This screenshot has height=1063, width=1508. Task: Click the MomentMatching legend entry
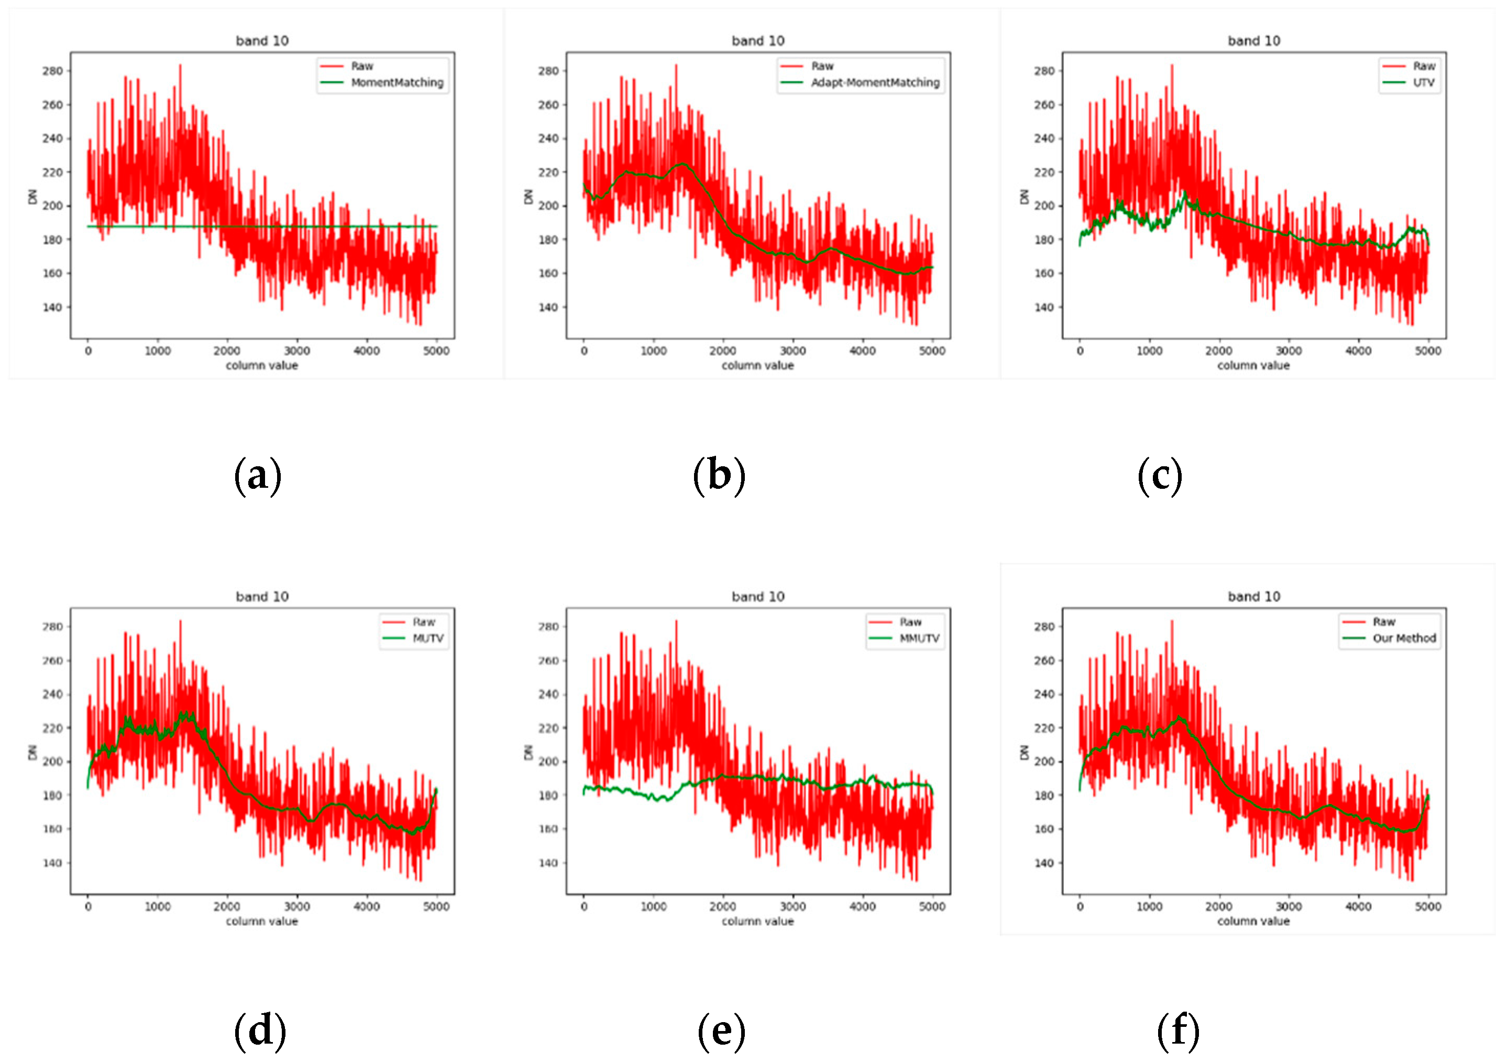click(x=397, y=83)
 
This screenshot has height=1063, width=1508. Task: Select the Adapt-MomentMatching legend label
click(x=875, y=83)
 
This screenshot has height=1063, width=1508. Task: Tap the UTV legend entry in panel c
click(x=1423, y=83)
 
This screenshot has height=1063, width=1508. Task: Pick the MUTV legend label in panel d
click(x=427, y=638)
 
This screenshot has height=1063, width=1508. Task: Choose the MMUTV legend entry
click(x=919, y=638)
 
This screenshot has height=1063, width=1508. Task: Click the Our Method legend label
click(x=1404, y=638)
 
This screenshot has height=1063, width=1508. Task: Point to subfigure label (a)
click(x=258, y=476)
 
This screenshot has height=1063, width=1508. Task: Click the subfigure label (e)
click(x=721, y=1030)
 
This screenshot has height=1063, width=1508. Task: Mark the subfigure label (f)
click(x=1177, y=1030)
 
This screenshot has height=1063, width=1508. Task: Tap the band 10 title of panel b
click(x=757, y=41)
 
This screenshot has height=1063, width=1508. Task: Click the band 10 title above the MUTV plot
click(x=262, y=597)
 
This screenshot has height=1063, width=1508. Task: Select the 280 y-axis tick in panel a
click(x=52, y=71)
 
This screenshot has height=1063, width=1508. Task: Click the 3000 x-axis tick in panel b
click(x=792, y=351)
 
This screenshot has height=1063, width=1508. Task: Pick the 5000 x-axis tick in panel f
click(x=1427, y=907)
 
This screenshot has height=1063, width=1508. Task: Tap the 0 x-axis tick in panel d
click(x=88, y=907)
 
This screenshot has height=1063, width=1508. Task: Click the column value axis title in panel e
click(x=757, y=921)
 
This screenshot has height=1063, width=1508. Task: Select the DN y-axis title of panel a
click(x=32, y=196)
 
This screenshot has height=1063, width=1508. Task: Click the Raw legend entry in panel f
click(x=1383, y=621)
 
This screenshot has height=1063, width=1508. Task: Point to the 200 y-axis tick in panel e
click(x=548, y=761)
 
